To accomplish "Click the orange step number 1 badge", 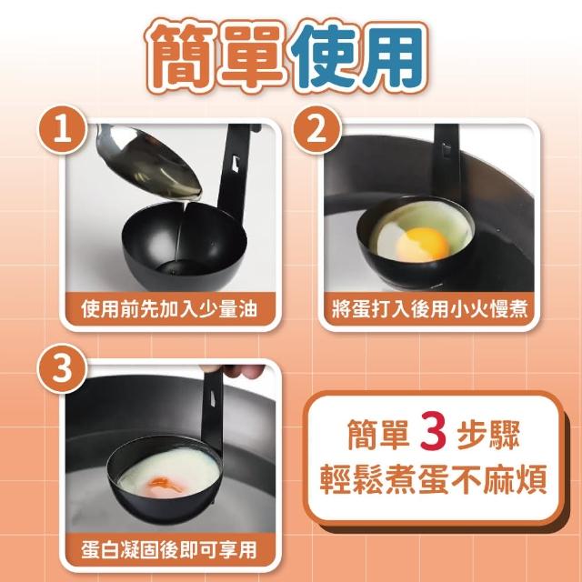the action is pyautogui.click(x=63, y=129).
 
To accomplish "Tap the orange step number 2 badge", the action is pyautogui.click(x=316, y=129).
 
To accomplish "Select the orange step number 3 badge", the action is pyautogui.click(x=62, y=368).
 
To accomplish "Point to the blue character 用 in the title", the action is pyautogui.click(x=393, y=55).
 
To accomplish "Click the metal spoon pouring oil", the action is pyautogui.click(x=148, y=161).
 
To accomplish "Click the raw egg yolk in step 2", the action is pyautogui.click(x=423, y=244).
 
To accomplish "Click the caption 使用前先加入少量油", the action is pyautogui.click(x=169, y=309).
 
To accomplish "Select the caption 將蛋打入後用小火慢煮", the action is pyautogui.click(x=429, y=309).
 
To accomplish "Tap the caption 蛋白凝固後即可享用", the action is pyautogui.click(x=169, y=549).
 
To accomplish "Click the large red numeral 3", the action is pyautogui.click(x=433, y=433).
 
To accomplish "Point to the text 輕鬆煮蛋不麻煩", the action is pyautogui.click(x=433, y=479).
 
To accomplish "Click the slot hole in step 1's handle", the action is pyautogui.click(x=235, y=164).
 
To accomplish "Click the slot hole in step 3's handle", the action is pyautogui.click(x=214, y=398).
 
